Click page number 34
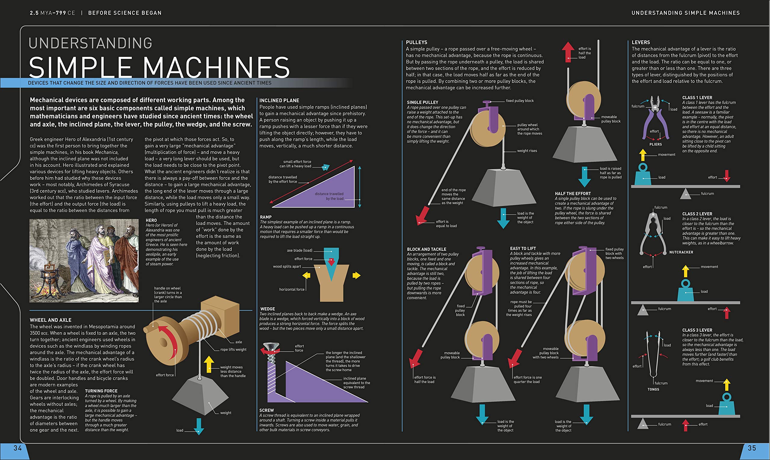click(17, 448)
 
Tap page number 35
click(752, 448)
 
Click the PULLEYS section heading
click(417, 42)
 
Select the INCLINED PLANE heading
click(279, 100)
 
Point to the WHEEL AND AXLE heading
click(51, 320)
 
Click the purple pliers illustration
click(654, 119)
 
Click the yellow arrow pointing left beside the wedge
click(306, 275)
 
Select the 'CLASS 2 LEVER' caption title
click(697, 214)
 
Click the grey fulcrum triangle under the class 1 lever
click(685, 194)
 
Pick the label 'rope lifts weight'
click(233, 349)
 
